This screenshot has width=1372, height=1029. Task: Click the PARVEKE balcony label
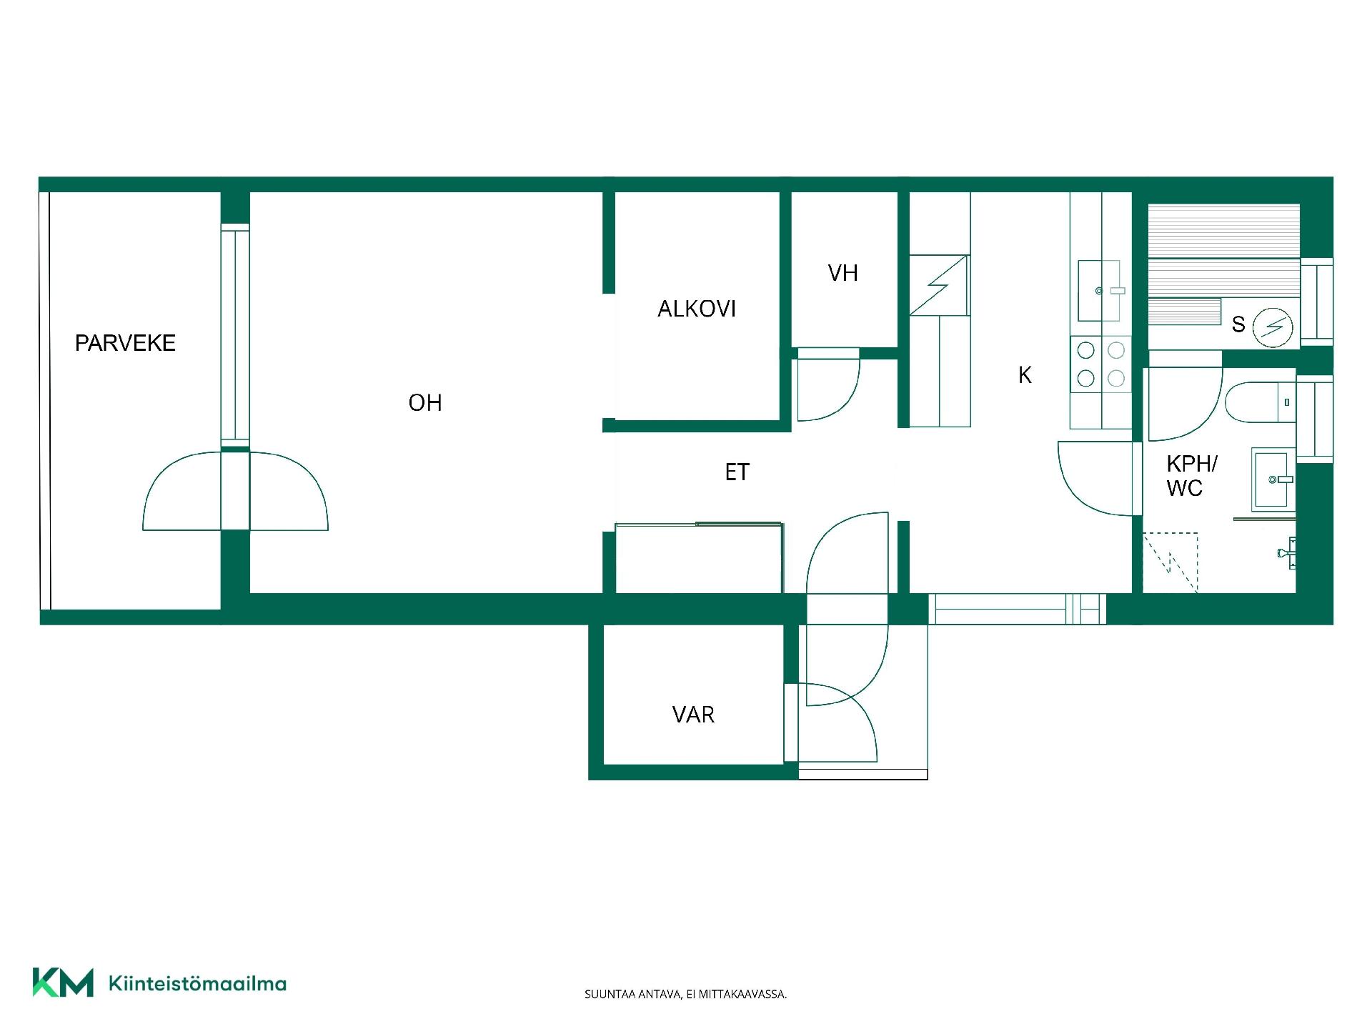[125, 343]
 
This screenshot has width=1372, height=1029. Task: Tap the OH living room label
[425, 403]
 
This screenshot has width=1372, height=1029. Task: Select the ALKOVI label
[697, 309]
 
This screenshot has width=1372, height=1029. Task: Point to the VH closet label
[842, 273]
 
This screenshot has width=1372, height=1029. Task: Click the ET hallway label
[737, 472]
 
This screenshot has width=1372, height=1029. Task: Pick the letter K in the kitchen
[1025, 375]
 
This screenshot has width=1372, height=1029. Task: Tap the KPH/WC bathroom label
[1191, 476]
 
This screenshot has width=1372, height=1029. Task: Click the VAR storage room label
[693, 715]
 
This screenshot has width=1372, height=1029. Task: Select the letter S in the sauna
[1238, 325]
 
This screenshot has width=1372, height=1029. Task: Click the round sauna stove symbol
[1273, 328]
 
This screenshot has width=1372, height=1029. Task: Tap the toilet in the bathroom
[1260, 402]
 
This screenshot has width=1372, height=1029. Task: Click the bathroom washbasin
[1273, 479]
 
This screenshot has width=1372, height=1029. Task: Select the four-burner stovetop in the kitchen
[1101, 364]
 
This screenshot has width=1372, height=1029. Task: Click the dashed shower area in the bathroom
[1170, 562]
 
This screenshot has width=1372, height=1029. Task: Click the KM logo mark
[63, 983]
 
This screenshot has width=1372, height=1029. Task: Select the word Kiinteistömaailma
[197, 984]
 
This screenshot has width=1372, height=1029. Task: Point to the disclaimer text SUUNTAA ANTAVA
[633, 994]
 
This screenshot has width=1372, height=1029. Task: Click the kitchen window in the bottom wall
[1017, 609]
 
